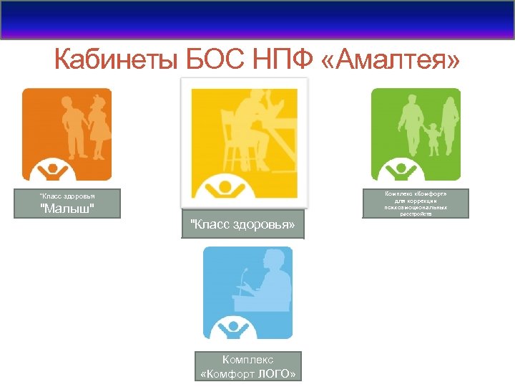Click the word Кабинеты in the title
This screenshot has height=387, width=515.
(x=115, y=60)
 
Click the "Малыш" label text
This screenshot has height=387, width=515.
(x=67, y=208)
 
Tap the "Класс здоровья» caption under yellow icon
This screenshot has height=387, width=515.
(x=242, y=224)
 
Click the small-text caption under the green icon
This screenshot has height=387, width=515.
(x=416, y=204)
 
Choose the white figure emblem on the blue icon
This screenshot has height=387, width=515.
(x=234, y=329)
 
